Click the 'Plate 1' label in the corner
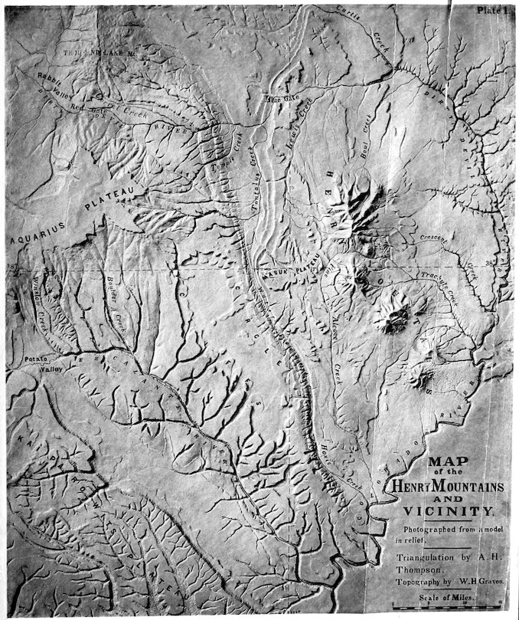click(x=492, y=10)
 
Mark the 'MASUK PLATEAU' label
click(x=292, y=269)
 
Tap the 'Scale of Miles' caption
click(x=445, y=595)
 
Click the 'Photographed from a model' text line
click(x=444, y=531)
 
